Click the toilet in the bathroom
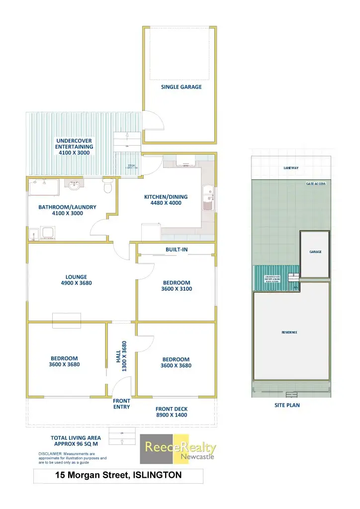(107, 187)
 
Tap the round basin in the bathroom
(75, 186)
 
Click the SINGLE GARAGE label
(181, 86)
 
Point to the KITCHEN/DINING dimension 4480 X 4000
(166, 203)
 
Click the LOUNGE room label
(76, 277)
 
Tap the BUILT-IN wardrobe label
(177, 249)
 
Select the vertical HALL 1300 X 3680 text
(122, 355)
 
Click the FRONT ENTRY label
(121, 404)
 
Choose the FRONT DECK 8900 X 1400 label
(172, 412)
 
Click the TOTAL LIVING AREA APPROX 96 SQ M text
(76, 441)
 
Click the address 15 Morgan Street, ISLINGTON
(118, 475)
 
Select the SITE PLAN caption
(287, 405)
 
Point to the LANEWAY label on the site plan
(291, 168)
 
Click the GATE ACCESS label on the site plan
(315, 183)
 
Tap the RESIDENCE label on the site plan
(289, 332)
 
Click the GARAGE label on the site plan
(315, 252)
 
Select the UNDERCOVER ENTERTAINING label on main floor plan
(74, 147)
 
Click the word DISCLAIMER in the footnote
(51, 454)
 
